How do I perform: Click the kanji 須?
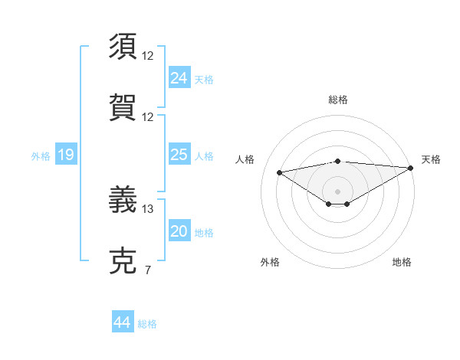(x=123, y=47)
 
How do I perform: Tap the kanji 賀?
(x=123, y=108)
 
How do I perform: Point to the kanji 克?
(x=123, y=261)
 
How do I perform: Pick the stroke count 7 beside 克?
(x=147, y=270)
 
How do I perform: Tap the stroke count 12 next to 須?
(x=148, y=56)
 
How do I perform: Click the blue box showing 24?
(x=179, y=77)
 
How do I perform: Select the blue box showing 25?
(x=179, y=155)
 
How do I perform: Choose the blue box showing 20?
(x=179, y=231)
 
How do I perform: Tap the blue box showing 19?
(x=65, y=155)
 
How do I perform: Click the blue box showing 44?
(x=122, y=322)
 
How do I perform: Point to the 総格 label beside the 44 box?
(x=147, y=324)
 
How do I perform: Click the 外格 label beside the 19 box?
(x=41, y=156)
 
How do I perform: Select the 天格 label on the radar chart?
(x=431, y=159)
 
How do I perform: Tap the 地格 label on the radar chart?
(x=402, y=262)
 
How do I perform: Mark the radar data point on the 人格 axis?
(x=280, y=172)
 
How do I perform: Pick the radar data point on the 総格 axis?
(x=338, y=161)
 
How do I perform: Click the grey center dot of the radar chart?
(x=338, y=191)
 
